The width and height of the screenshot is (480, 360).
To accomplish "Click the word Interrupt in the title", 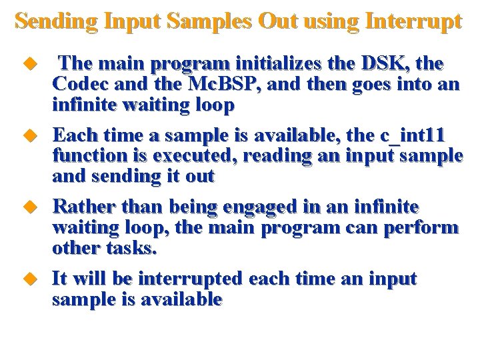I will click(x=413, y=21).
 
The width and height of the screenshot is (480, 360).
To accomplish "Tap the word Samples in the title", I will click(x=209, y=21).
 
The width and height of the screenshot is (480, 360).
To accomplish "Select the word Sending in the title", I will click(x=57, y=21).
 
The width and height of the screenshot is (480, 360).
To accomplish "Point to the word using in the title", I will click(x=332, y=21).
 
